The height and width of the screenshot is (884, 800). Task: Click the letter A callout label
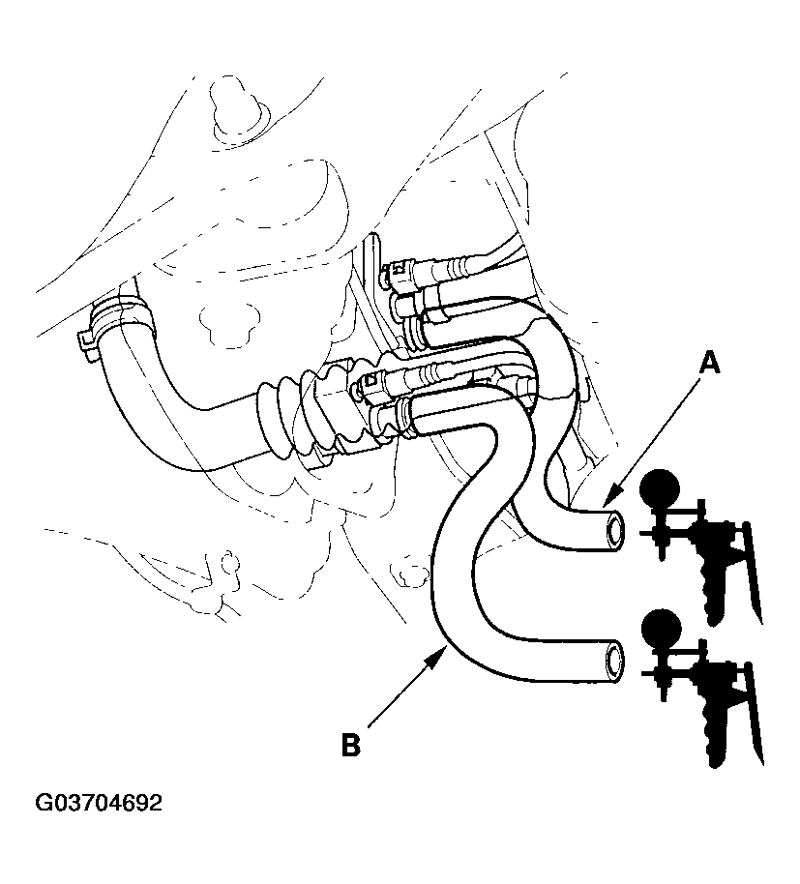tap(710, 365)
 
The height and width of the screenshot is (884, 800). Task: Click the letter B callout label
tap(351, 745)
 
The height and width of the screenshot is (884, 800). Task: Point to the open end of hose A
tap(613, 531)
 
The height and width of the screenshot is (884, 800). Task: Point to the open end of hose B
tap(613, 662)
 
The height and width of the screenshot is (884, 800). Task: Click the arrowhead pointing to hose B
tap(441, 656)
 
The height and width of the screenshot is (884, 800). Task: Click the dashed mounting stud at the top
tap(232, 101)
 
